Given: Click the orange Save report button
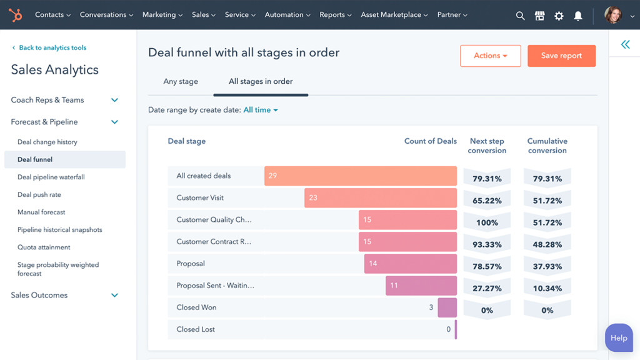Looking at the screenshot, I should (561, 56).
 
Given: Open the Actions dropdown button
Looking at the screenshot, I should (490, 56).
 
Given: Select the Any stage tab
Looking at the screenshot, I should (181, 81).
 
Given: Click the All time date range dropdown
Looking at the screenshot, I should (261, 110).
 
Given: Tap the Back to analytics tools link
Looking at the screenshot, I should (52, 47).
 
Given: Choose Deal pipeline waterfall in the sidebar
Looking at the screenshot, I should (51, 177).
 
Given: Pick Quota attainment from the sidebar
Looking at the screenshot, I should (44, 247).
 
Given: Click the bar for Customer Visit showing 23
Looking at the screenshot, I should (380, 197).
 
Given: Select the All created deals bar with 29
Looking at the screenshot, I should (360, 176).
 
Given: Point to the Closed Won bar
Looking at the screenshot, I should (447, 307).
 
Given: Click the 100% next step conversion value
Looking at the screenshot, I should (487, 222).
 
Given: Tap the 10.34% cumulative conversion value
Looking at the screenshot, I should (547, 288).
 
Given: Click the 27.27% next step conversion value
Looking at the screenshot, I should (487, 288).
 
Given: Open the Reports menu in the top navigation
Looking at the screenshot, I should (335, 15).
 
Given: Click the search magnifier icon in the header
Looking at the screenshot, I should (520, 16).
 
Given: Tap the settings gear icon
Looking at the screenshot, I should (559, 16).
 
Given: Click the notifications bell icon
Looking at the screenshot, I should (578, 16).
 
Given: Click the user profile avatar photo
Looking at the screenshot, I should (613, 15).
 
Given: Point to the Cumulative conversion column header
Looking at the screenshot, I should (547, 146).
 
